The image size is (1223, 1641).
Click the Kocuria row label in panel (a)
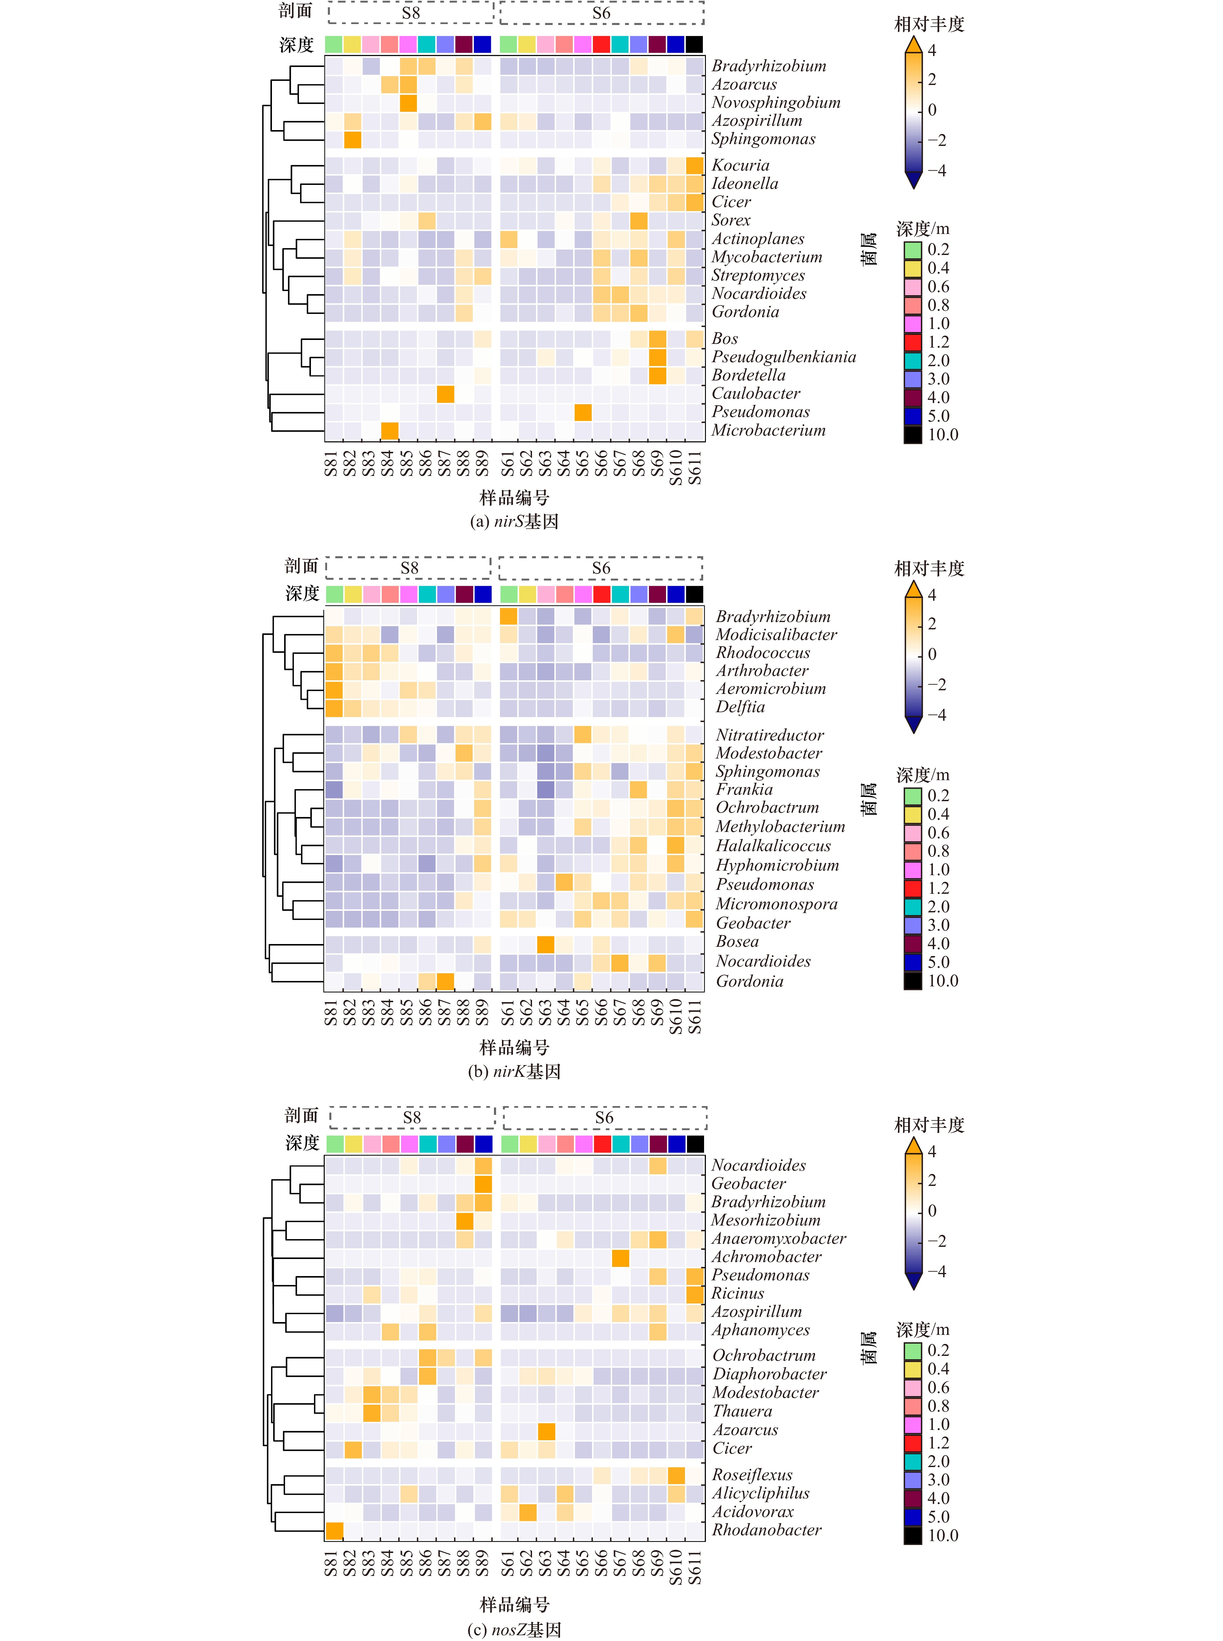point(740,165)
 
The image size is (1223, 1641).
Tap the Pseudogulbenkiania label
point(783,357)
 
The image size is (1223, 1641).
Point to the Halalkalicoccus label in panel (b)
point(773,846)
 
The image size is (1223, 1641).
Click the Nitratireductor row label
point(769,735)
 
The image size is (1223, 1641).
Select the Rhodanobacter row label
point(766,1530)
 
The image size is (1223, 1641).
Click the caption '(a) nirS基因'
point(514,521)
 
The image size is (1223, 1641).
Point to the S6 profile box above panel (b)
point(601,568)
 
